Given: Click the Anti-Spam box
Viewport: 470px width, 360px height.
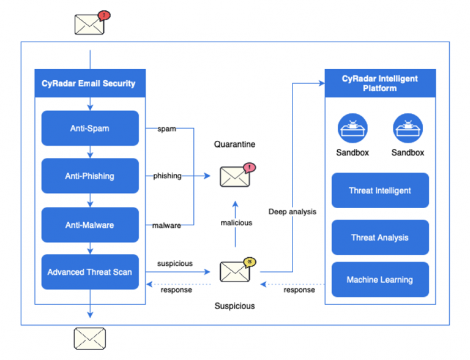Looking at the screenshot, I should pos(90,129).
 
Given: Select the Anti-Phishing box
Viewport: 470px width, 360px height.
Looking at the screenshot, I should pos(90,176).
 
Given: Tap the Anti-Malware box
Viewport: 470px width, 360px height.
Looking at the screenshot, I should pos(90,225).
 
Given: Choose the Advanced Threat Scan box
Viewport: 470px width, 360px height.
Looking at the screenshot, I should pos(90,272).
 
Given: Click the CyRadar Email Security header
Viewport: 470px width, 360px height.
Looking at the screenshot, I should pos(90,83).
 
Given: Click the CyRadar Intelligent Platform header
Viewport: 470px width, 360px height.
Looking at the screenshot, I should pos(380,83).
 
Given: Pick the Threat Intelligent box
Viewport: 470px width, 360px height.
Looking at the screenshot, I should pos(380,190).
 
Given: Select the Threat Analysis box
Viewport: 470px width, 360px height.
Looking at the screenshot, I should pos(380,238).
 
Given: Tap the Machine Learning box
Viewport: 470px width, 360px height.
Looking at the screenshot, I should pos(380,280).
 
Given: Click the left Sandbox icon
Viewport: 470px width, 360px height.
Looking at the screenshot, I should pos(352,129).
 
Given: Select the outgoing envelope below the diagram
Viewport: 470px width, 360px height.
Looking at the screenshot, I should pos(90,338).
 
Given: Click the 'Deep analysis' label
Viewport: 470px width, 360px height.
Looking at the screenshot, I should pos(293,212).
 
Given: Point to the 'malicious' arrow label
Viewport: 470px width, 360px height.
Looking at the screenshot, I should pos(236,223).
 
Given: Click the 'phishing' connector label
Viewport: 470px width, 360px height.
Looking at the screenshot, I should pos(167,176).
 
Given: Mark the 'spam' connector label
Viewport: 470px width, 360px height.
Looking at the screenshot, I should pos(166,129).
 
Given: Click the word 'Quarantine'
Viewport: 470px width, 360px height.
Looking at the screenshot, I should pos(234,144).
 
